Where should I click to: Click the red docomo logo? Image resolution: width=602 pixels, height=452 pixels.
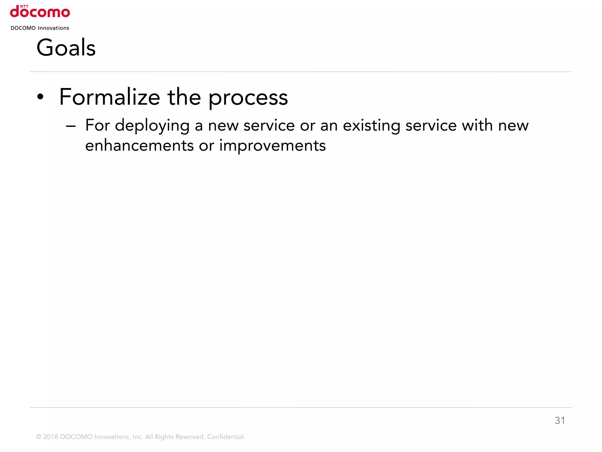40,12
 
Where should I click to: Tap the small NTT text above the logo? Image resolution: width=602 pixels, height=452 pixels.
24,6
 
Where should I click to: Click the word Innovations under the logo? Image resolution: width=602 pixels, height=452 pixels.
53,28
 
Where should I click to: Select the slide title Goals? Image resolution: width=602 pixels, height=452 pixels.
66,48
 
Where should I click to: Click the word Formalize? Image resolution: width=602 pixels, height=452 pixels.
110,97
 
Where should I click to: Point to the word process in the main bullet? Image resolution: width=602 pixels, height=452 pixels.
248,98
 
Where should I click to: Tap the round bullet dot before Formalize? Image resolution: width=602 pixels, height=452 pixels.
40,97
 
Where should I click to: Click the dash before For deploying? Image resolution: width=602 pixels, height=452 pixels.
71,127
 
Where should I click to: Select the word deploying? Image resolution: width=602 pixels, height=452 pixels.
152,126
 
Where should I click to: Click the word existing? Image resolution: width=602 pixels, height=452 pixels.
372,126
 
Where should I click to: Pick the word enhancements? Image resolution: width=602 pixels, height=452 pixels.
139,146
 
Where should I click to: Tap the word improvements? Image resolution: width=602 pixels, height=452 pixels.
272,146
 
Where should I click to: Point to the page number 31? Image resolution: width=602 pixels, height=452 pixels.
560,421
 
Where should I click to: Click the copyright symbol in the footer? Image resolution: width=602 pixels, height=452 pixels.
39,437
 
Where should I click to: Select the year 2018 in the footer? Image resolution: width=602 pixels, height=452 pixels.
51,437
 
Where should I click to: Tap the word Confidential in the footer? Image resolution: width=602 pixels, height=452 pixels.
226,437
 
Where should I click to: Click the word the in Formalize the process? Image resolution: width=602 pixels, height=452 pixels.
184,97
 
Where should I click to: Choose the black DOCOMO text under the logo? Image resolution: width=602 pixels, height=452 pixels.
23,28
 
